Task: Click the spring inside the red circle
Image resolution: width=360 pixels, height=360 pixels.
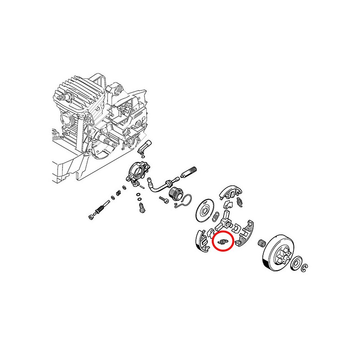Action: click(x=222, y=242)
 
